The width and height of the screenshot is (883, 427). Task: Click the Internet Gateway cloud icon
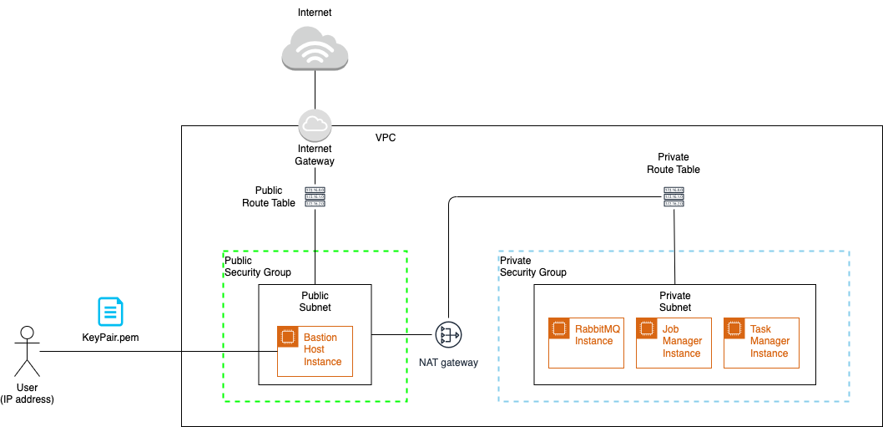tap(315, 125)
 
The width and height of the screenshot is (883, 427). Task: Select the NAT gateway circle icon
tap(448, 336)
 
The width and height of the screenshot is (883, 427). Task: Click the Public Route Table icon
tap(315, 197)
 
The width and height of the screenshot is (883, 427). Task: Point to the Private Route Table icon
tap(674, 197)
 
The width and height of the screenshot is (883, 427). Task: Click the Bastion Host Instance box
tap(315, 350)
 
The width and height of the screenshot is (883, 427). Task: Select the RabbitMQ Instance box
tap(586, 343)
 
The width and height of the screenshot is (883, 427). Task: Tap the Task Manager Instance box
tap(761, 343)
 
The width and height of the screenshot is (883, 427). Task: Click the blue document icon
tap(111, 312)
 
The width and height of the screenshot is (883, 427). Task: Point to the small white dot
tap(27, 333)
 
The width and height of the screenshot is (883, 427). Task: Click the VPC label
tap(386, 137)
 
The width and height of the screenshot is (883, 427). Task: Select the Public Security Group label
tap(258, 267)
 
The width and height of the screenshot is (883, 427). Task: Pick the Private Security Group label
tap(532, 267)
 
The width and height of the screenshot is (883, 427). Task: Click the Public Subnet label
tap(315, 301)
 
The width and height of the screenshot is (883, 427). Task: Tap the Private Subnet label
tap(674, 301)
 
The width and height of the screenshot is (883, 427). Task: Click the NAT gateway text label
tap(448, 363)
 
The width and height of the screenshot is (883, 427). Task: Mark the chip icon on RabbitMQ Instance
tap(558, 328)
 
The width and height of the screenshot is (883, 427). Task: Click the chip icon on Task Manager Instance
tap(734, 328)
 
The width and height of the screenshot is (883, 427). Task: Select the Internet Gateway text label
tap(315, 155)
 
